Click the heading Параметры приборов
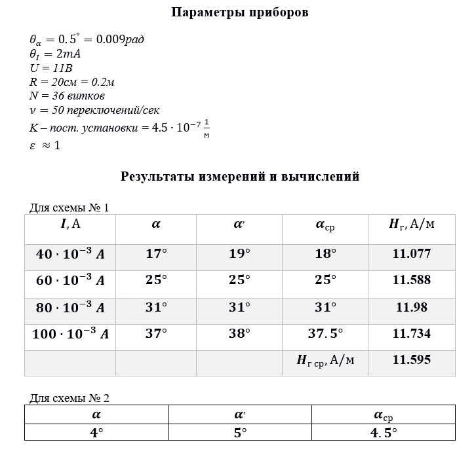[239, 12]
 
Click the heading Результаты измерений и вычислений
[240, 177]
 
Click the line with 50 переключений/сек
[95, 110]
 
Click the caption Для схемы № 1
[69, 208]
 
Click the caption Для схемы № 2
[69, 397]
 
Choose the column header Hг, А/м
[411, 225]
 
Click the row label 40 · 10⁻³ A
[70, 254]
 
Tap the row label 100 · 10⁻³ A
[70, 334]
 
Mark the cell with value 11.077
[411, 254]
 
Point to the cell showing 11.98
[411, 307]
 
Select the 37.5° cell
[325, 334]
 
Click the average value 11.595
[411, 359]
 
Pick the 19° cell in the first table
[240, 254]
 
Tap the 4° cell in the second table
[96, 433]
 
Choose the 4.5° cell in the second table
[383, 433]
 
